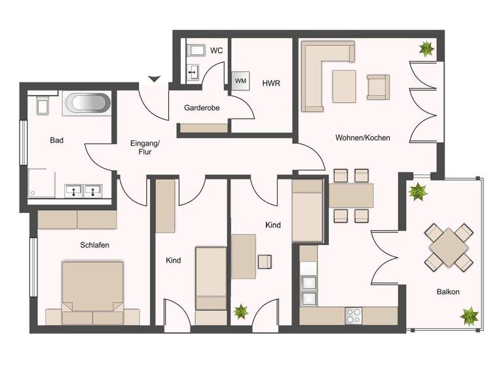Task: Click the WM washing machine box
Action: [x=240, y=81]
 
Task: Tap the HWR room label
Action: [x=271, y=83]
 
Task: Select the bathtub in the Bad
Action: [x=86, y=104]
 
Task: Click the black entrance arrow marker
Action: [x=154, y=79]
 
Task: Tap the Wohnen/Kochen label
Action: [x=362, y=138]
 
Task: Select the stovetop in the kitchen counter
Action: [x=354, y=315]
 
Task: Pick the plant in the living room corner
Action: [x=426, y=48]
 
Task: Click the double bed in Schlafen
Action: [x=92, y=292]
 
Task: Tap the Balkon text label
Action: [x=449, y=292]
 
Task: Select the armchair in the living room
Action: [x=378, y=87]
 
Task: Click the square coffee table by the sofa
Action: [x=344, y=85]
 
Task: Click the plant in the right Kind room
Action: [x=241, y=312]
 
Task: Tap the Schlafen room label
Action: [x=94, y=244]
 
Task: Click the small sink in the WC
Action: [x=193, y=71]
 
